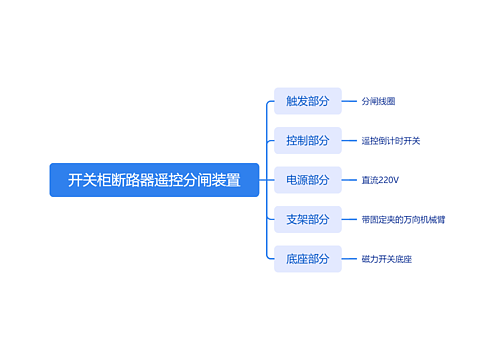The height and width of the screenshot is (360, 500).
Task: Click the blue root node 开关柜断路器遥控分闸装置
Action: [x=154, y=180]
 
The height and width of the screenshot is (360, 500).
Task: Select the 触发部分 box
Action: [x=307, y=101]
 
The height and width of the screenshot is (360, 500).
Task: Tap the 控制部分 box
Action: [x=307, y=140]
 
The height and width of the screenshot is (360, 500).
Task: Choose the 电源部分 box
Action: [x=307, y=180]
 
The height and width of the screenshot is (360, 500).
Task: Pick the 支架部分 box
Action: [x=307, y=219]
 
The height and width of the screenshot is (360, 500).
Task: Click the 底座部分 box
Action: [x=307, y=259]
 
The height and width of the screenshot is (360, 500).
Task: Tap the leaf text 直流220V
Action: [x=380, y=180]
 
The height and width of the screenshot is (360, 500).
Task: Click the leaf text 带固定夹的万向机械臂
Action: [x=403, y=219]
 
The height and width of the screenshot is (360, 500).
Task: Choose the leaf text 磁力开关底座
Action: [x=386, y=259]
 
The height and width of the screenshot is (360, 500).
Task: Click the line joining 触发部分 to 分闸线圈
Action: [x=350, y=101]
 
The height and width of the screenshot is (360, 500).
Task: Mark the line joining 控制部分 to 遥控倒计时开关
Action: [x=350, y=140]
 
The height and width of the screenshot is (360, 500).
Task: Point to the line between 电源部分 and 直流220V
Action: [x=350, y=180]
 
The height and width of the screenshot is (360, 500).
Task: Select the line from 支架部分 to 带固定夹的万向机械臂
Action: [x=350, y=219]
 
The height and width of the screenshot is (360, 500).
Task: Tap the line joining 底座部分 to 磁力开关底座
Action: [x=350, y=259]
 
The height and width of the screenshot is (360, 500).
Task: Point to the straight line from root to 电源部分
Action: [x=266, y=180]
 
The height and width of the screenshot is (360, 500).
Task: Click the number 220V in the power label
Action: [x=388, y=180]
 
